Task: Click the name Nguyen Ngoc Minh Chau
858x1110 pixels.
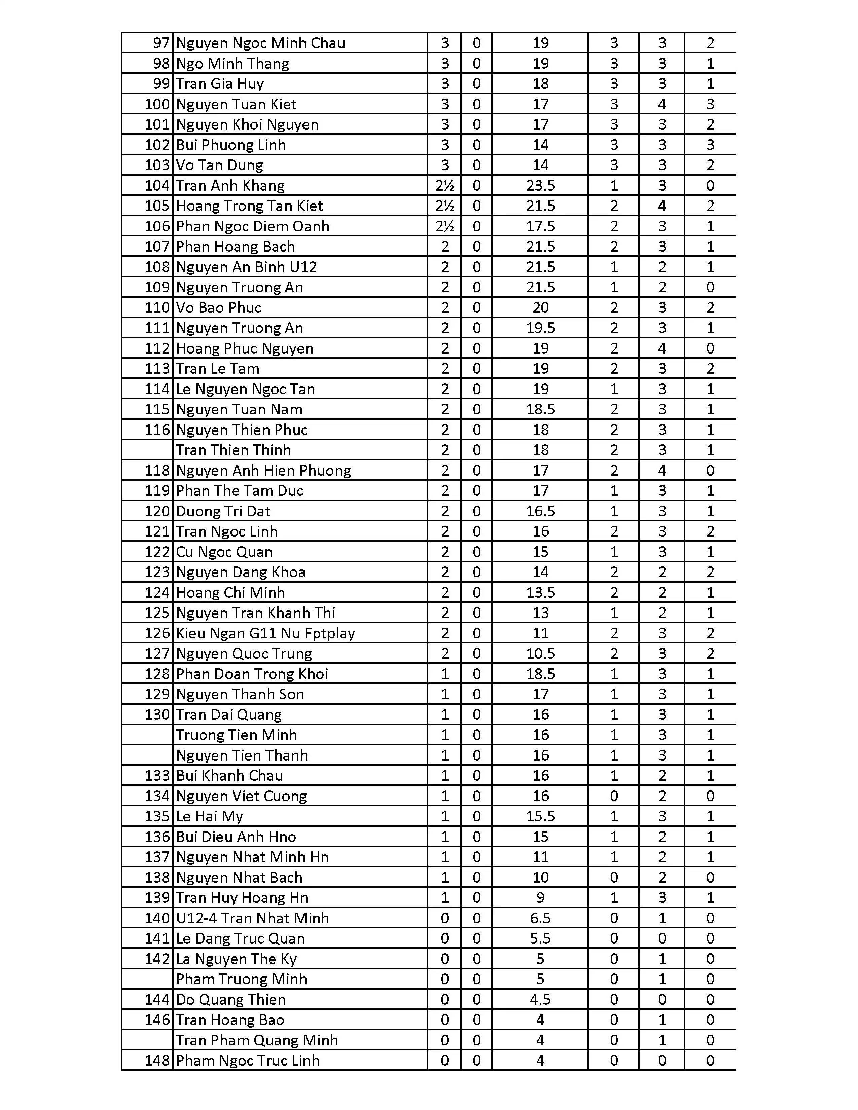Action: [x=260, y=43]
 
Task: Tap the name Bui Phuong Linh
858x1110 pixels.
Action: [x=231, y=145]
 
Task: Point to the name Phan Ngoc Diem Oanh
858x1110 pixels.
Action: [x=253, y=226]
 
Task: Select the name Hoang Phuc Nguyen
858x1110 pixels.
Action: [x=245, y=348]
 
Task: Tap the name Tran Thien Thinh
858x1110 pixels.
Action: [x=233, y=450]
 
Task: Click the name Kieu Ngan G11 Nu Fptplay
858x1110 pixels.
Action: [x=265, y=633]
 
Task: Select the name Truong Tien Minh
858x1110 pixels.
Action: [x=236, y=735]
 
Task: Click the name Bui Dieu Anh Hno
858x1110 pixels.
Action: [x=236, y=837]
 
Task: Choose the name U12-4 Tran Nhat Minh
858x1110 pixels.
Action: [x=253, y=918]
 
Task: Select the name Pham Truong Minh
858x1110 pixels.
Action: [x=242, y=979]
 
